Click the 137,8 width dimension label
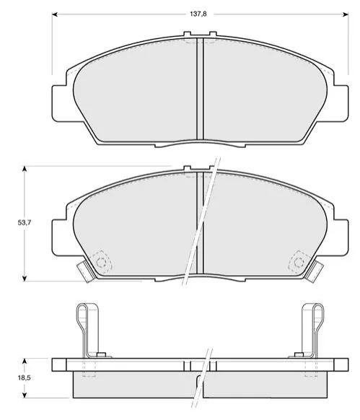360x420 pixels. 198,14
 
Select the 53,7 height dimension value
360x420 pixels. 25,222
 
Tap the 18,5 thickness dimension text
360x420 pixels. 25,377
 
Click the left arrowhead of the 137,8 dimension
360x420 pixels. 55,14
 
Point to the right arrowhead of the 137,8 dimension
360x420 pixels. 346,14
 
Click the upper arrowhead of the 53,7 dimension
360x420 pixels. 25,169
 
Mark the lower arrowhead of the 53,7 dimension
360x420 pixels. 25,278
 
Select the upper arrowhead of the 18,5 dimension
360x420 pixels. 25,362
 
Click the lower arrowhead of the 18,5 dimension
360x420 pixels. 25,395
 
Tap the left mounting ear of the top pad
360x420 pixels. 59,103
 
